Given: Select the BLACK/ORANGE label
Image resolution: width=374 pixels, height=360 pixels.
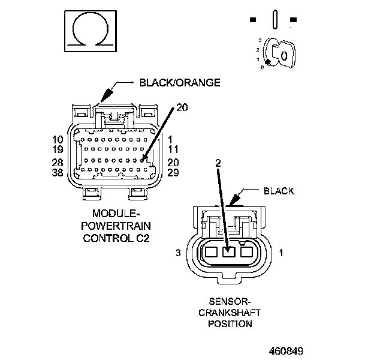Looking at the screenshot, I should (180, 83).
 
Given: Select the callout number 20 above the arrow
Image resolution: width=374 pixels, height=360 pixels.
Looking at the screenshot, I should (182, 108).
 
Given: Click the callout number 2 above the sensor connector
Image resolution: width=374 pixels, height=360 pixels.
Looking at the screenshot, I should (218, 163).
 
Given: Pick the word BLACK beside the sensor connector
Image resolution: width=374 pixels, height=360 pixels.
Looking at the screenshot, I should (279, 191).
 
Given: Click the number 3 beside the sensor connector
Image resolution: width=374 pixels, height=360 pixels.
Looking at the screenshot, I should (179, 254).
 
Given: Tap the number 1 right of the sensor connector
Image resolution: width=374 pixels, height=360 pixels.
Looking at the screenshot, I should (281, 254).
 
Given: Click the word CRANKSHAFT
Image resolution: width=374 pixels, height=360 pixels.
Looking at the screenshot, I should (230, 313).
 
